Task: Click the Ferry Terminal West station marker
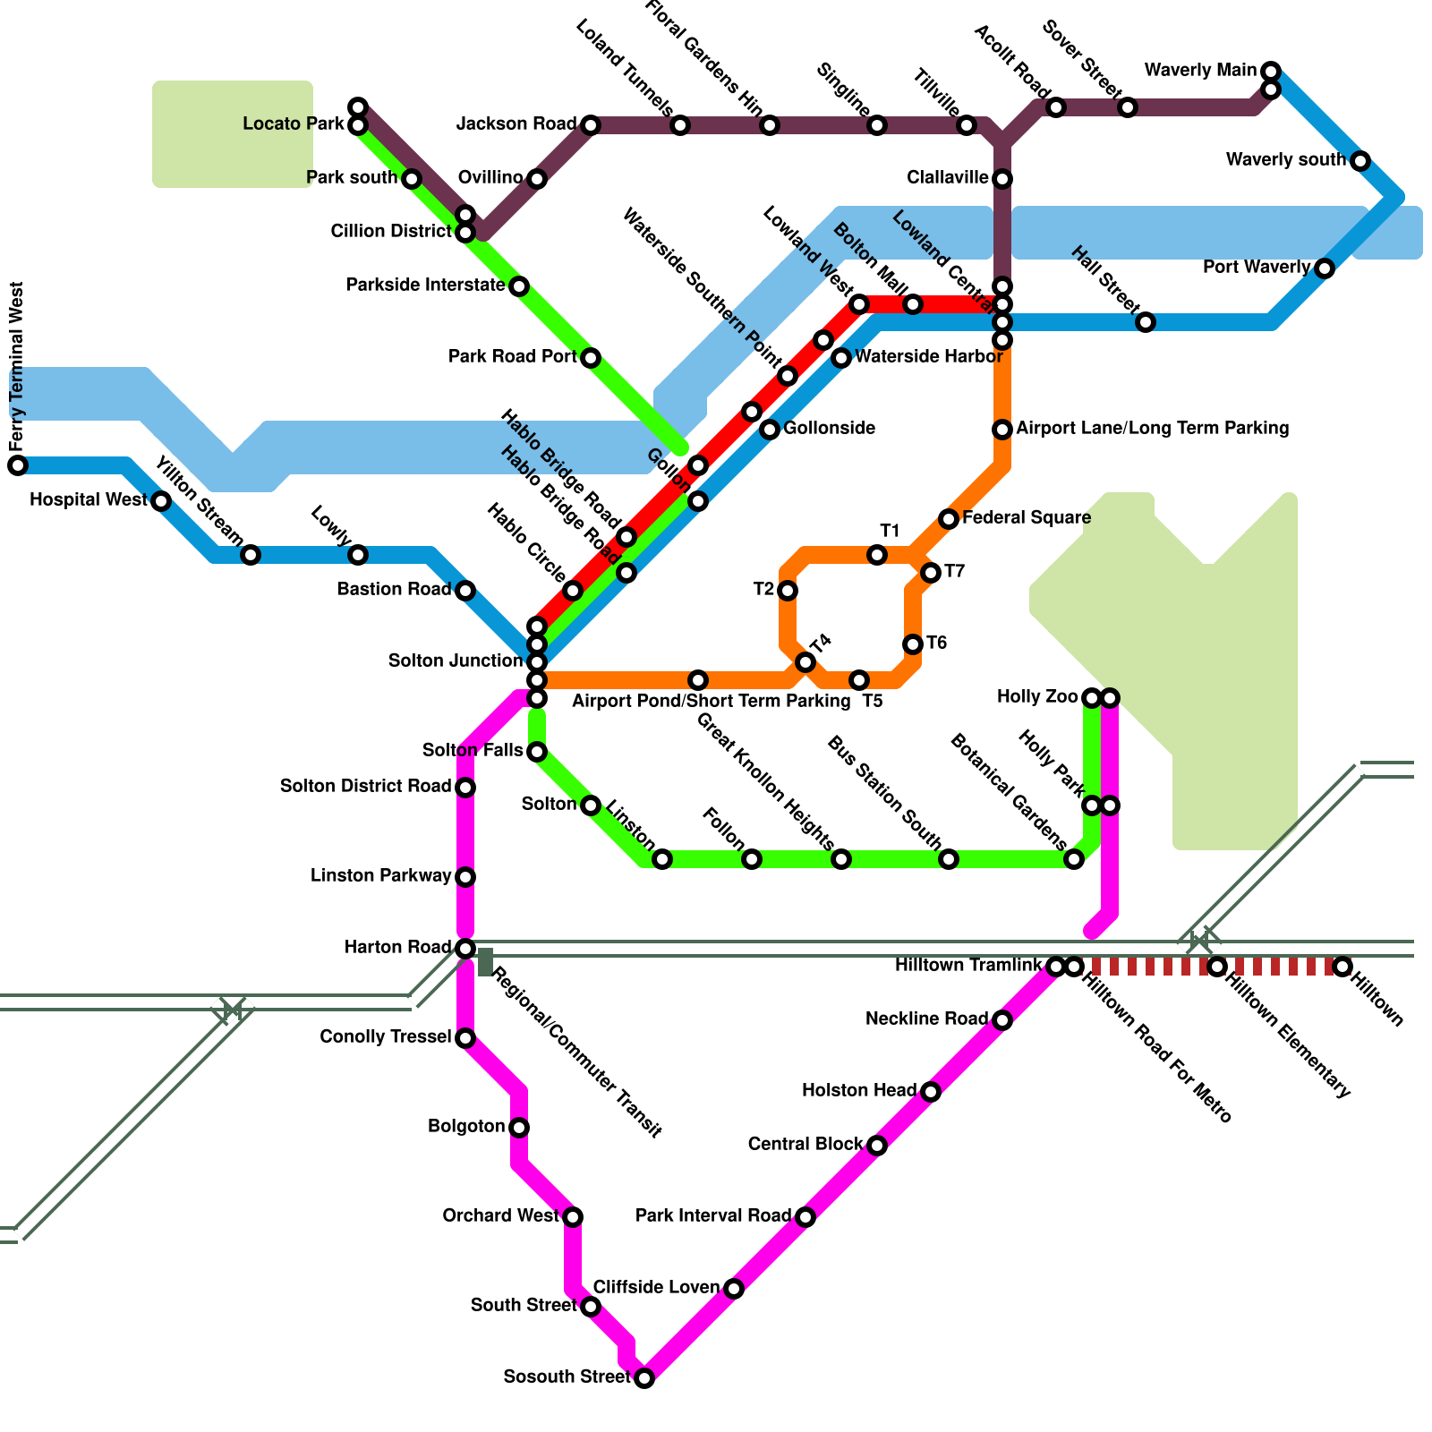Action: (18, 465)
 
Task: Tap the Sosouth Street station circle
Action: (644, 1378)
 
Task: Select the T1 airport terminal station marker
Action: (877, 555)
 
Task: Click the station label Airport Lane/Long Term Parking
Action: (1152, 428)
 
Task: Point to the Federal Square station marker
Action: (949, 519)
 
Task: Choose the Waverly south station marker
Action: (1360, 161)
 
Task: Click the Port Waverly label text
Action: (1256, 267)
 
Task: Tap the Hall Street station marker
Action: (1146, 322)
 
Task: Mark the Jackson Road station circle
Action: (591, 125)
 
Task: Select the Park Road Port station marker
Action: (591, 358)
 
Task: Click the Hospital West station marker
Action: (161, 501)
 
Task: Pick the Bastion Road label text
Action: (393, 589)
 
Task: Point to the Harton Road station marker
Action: (465, 949)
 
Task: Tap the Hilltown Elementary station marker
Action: (1217, 967)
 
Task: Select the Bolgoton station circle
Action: (519, 1128)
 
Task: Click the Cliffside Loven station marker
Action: (734, 1289)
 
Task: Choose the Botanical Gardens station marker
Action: (1074, 859)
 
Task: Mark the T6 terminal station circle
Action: (913, 644)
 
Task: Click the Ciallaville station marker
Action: (1002, 179)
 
